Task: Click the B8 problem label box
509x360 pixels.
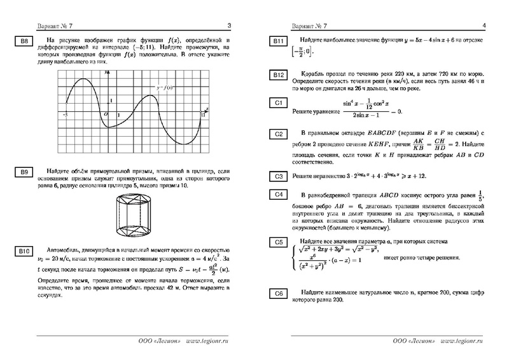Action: coord(22,43)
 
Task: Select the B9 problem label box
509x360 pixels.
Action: coord(22,172)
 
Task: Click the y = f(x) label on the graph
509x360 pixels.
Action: coord(166,87)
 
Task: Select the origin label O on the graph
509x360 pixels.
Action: coord(106,114)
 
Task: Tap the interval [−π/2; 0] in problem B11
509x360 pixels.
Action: coord(302,52)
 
